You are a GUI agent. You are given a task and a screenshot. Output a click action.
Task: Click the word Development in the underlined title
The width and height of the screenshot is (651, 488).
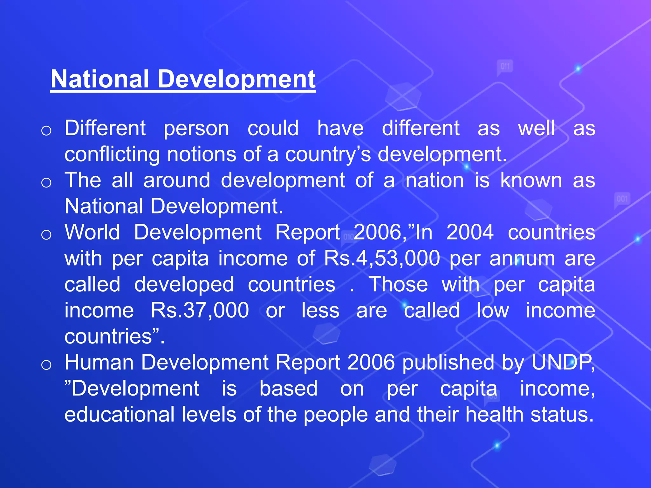tap(236, 79)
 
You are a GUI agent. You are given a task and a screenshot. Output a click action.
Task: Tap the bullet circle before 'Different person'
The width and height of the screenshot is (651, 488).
tap(46, 131)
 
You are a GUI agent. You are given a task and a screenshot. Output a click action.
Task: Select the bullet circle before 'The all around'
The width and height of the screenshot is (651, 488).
tap(46, 183)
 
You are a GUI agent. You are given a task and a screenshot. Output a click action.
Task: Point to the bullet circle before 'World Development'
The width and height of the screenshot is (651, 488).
tap(46, 235)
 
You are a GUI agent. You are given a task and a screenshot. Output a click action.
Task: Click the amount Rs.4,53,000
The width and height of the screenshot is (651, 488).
tap(382, 258)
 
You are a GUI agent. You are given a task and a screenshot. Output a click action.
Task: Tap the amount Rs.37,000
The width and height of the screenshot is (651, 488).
tap(200, 310)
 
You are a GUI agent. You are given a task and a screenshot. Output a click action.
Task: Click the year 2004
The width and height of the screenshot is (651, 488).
tap(470, 232)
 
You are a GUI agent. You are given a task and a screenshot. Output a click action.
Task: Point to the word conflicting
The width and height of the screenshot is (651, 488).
tap(112, 154)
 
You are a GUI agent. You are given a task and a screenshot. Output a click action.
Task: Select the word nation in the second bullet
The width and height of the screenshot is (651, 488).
tap(435, 180)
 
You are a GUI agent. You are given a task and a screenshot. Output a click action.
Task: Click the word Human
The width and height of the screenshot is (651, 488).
tap(99, 362)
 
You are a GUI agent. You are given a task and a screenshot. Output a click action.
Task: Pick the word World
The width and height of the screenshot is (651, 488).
tap(92, 232)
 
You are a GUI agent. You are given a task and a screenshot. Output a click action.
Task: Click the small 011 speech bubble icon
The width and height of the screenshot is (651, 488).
tap(505, 67)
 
